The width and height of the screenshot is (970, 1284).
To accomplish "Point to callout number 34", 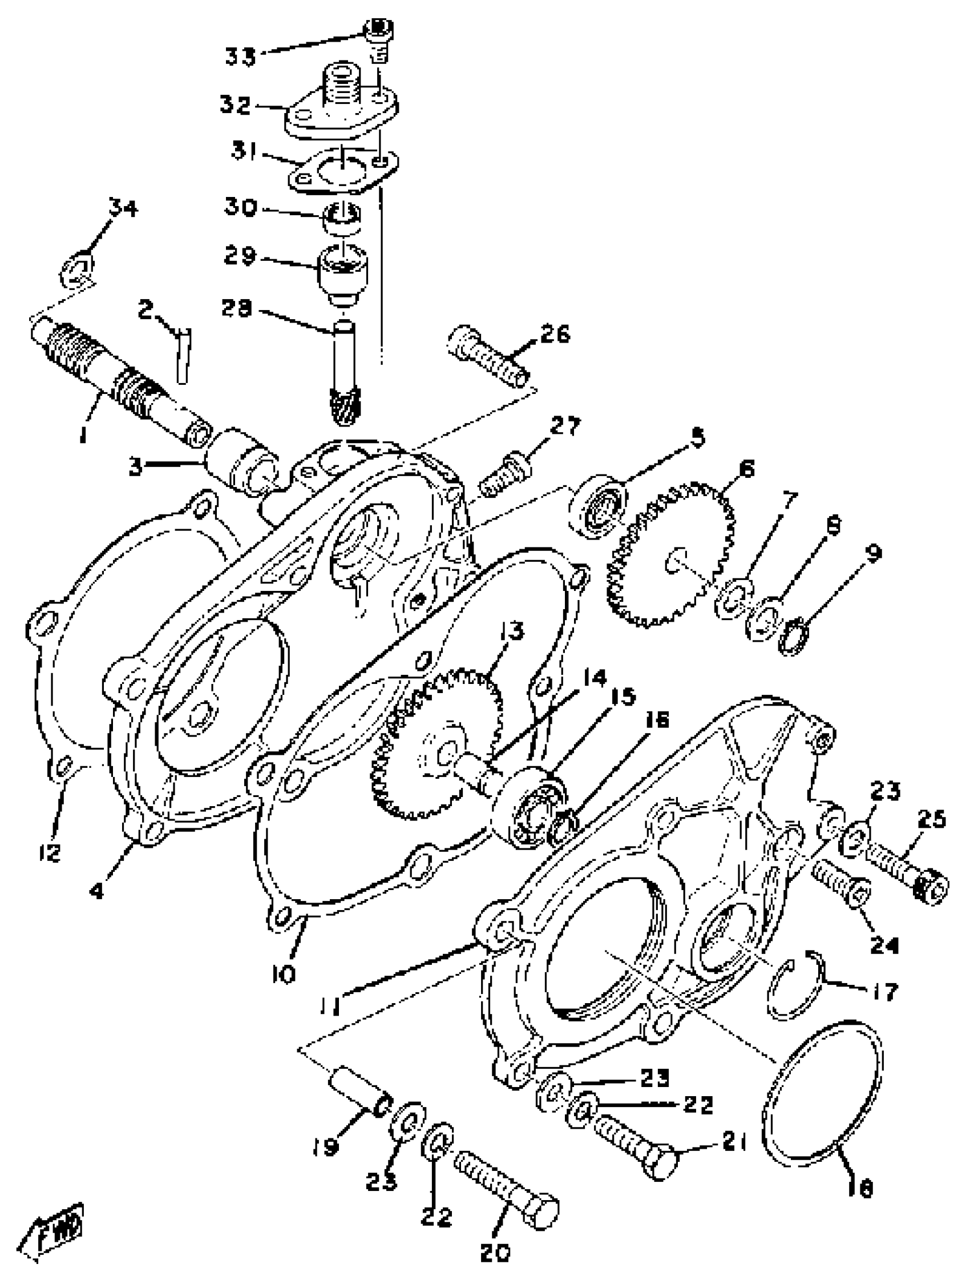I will click(123, 207).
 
